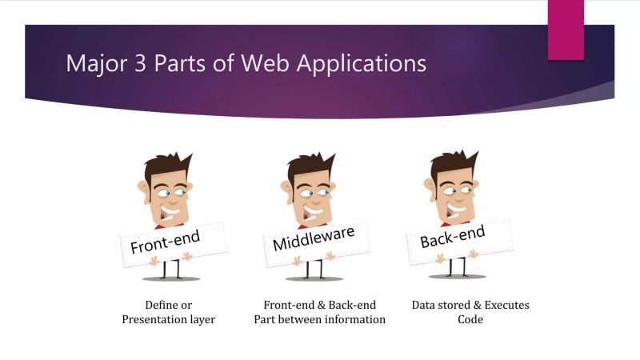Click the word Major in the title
coord(91,63)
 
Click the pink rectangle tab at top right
coord(566,29)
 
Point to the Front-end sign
coord(166,240)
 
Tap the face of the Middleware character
coord(308,196)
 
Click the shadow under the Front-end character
coord(170,278)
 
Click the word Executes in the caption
coord(503,305)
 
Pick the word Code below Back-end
coord(470,319)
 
